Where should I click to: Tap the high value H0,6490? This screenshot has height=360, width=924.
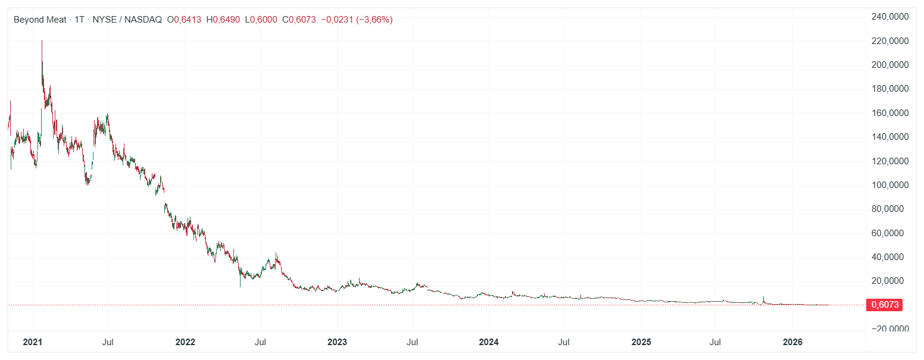[223, 20]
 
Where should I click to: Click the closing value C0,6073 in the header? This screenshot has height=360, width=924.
[299, 20]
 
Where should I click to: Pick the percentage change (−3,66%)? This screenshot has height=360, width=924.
[374, 20]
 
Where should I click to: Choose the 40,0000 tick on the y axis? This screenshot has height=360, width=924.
[891, 257]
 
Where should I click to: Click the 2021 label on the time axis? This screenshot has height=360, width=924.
[32, 342]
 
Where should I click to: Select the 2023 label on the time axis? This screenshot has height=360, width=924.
[337, 342]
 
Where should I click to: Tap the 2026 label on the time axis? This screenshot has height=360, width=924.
[792, 342]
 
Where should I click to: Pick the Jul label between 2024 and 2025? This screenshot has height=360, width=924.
[564, 342]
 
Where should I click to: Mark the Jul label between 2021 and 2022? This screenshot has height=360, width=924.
[108, 342]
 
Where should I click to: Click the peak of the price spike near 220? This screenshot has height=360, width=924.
[42, 40]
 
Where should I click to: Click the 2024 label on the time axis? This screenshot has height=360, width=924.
[489, 342]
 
